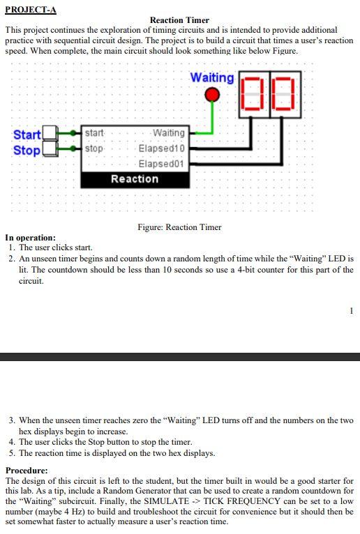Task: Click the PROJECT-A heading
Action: click(x=31, y=9)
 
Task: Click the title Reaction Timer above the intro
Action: click(x=179, y=20)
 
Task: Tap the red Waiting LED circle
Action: click(x=212, y=95)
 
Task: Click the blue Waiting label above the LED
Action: click(x=212, y=77)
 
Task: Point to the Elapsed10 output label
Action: click(x=162, y=148)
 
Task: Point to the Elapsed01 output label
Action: click(x=162, y=164)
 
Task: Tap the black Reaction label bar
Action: click(x=135, y=179)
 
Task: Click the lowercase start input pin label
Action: click(x=95, y=133)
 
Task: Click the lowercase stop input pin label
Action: click(x=94, y=148)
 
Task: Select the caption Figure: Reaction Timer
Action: click(x=179, y=227)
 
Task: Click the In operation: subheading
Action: click(x=31, y=238)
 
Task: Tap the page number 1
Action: click(x=352, y=310)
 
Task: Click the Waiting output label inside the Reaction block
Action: click(x=168, y=133)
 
